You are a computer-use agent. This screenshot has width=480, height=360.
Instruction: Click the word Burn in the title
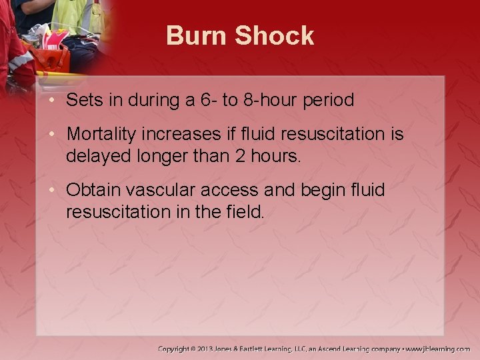pyautogui.click(x=194, y=35)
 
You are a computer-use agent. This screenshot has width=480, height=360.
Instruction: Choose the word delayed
pyautogui.click(x=94, y=157)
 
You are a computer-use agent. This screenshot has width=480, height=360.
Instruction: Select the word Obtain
pyautogui.click(x=90, y=191)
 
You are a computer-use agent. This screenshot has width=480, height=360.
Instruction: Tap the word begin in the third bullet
pyautogui.click(x=313, y=191)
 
